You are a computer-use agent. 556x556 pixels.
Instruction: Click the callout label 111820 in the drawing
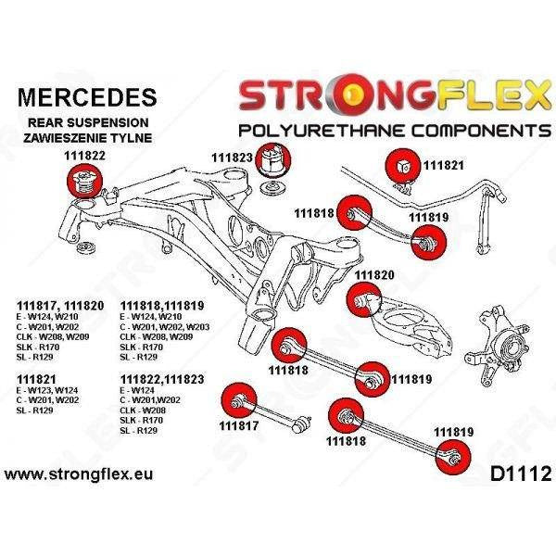click(x=374, y=275)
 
